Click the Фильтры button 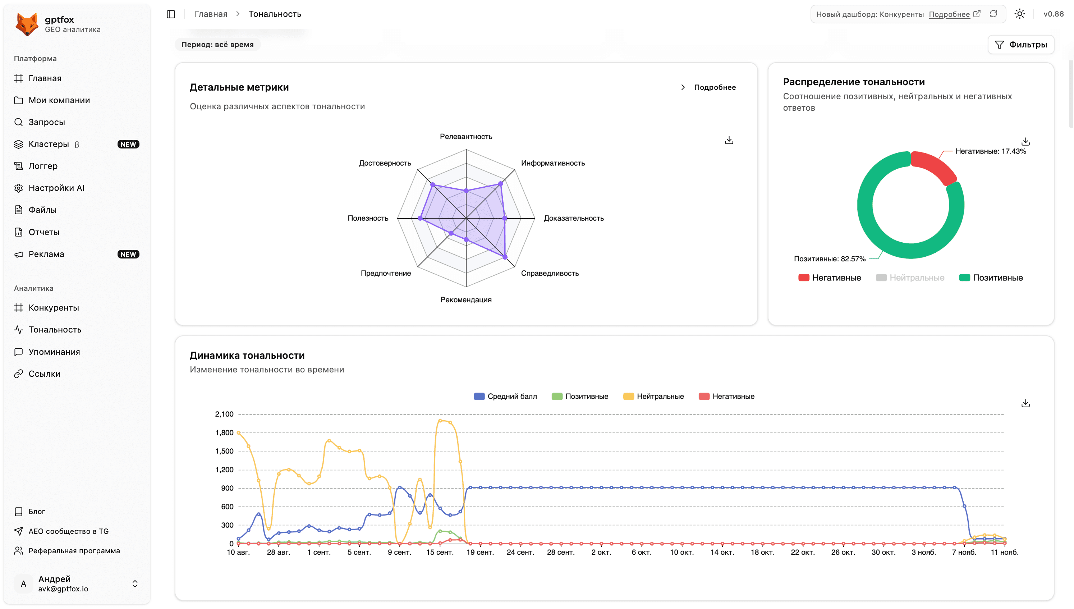1020,45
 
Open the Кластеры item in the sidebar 49,144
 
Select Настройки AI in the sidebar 56,188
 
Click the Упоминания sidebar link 54,352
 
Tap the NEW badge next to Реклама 128,254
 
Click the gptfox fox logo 27,24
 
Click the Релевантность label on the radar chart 466,137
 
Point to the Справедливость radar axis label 549,273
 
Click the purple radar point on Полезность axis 420,218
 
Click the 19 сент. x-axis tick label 479,552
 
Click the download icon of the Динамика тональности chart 1025,403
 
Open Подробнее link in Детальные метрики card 714,87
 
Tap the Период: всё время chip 217,45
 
